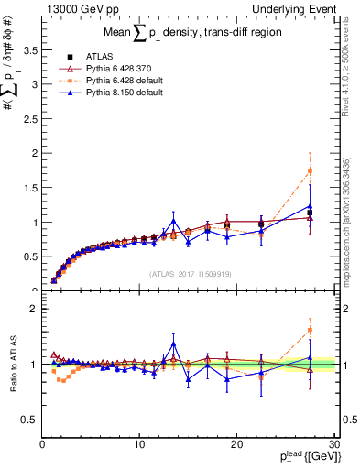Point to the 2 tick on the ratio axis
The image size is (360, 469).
point(34,309)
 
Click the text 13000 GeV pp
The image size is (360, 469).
point(79,8)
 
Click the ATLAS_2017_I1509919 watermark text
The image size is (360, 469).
point(190,273)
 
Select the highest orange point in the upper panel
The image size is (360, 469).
point(310,171)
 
